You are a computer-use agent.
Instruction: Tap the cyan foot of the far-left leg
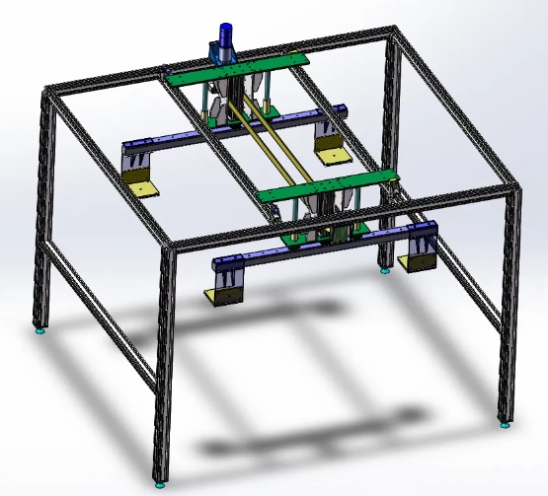(40, 331)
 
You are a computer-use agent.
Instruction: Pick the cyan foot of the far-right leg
(505, 426)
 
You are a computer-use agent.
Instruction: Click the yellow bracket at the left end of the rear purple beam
(144, 186)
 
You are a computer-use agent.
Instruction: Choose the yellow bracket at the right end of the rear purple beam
(330, 152)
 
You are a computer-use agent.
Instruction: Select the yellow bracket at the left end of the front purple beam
(222, 297)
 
